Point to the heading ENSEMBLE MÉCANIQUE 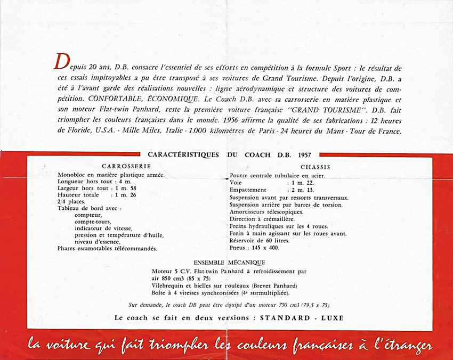229,263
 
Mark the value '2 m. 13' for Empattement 302,190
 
